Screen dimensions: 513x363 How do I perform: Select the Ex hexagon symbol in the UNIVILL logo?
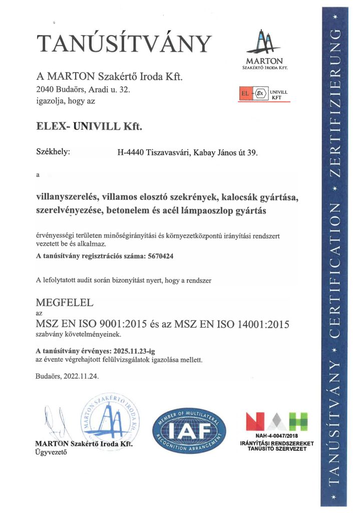coord(259,94)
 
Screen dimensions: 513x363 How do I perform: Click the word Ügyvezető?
coord(50,452)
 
